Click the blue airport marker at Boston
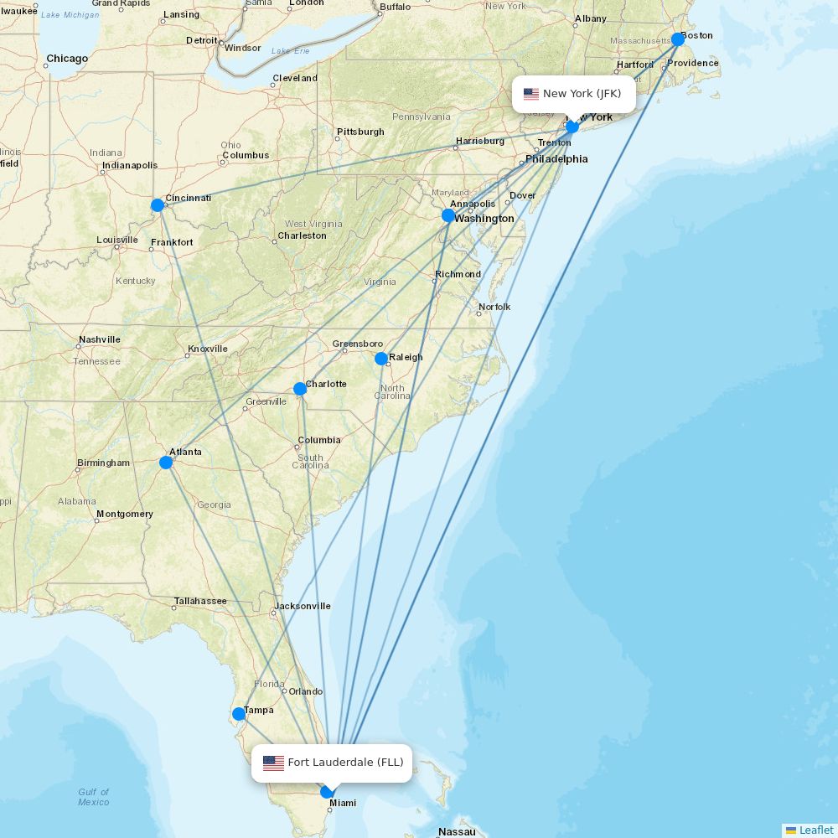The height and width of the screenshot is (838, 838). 678,39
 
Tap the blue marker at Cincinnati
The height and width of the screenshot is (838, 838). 158,205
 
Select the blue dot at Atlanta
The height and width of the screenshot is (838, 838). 166,463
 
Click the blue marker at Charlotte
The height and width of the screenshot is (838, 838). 300,389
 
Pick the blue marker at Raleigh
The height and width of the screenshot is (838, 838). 381,359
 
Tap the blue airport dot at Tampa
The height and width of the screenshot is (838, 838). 239,714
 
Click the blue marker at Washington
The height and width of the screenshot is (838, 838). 448,215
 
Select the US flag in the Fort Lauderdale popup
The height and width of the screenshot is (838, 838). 273,763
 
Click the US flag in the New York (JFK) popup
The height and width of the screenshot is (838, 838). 531,94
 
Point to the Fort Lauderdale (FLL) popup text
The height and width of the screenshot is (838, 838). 345,763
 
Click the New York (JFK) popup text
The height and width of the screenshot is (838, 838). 582,94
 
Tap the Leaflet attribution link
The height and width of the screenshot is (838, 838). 815,830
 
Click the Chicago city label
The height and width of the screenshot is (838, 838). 67,59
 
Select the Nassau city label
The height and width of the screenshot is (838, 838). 457,832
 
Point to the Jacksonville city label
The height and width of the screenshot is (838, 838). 303,606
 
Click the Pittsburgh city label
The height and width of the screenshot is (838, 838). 360,132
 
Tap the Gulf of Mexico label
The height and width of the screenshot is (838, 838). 94,797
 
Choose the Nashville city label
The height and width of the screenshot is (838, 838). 99,339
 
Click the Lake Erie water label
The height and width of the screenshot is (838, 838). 290,52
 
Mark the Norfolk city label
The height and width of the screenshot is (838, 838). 494,307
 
